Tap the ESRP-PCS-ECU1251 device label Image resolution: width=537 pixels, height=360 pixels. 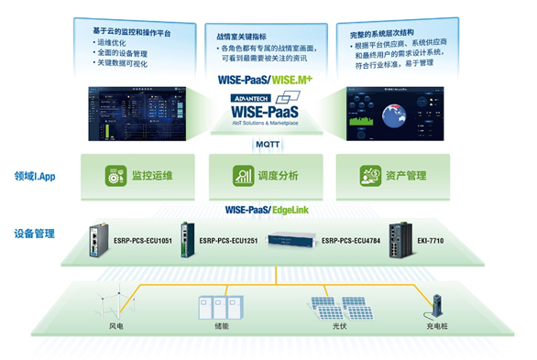[x=232, y=241]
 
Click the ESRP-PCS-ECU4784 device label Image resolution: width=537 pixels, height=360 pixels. [x=353, y=241]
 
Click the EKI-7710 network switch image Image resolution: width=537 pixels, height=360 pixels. [x=400, y=240]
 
